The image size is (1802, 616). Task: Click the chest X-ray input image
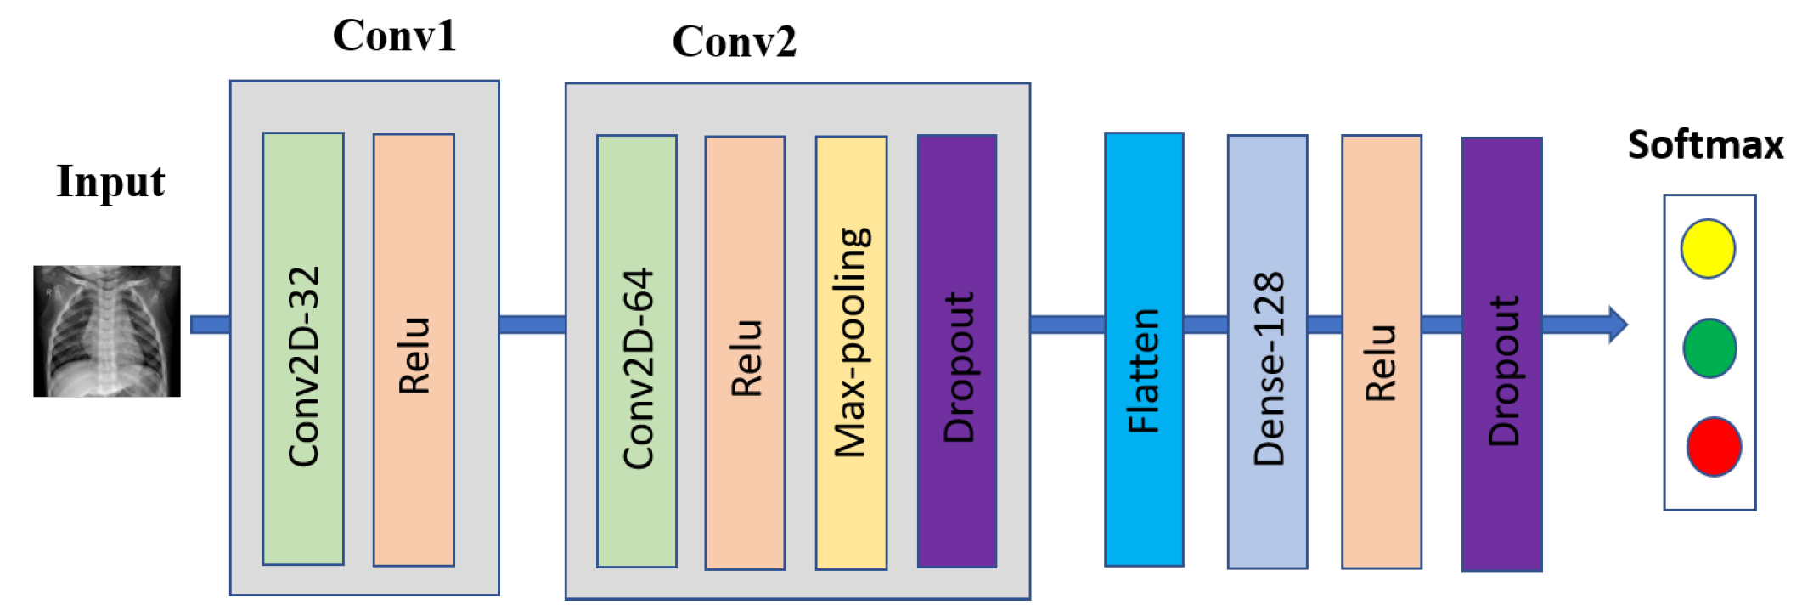[x=107, y=331]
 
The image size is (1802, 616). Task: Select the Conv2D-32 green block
[x=303, y=348]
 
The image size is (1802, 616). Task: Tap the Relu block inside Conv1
[x=414, y=349]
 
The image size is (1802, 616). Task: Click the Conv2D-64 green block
[x=637, y=351]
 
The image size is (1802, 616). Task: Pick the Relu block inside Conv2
[x=745, y=353]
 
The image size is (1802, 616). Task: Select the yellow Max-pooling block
[x=851, y=353]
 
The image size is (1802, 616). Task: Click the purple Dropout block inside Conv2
[x=957, y=351]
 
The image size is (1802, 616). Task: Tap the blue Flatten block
[x=1144, y=349]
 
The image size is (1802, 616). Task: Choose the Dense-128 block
[x=1267, y=351]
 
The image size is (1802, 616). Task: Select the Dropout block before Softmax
[x=1501, y=353]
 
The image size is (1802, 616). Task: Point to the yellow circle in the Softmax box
[x=1708, y=248]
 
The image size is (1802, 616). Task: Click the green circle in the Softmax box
[x=1709, y=348]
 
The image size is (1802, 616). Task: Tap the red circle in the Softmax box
[x=1714, y=446]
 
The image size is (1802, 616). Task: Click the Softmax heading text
[x=1705, y=145]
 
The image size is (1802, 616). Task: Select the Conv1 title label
[x=394, y=36]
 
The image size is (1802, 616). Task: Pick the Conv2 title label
[x=734, y=41]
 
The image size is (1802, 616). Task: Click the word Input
[x=110, y=182]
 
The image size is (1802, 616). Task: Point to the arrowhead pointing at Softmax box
[x=1618, y=325]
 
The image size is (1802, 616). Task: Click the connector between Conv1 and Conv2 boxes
[x=532, y=325]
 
